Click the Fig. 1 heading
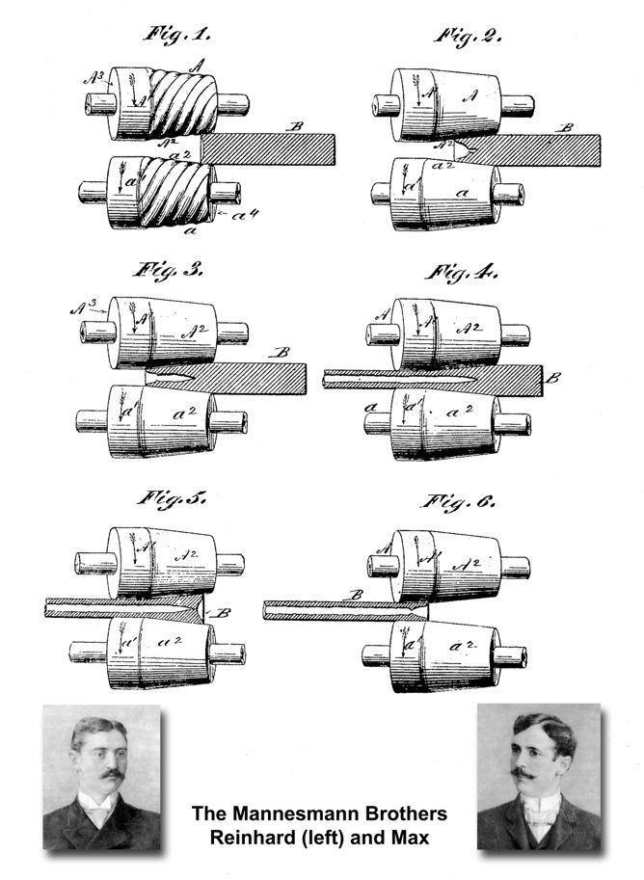177,37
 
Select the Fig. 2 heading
470,37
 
